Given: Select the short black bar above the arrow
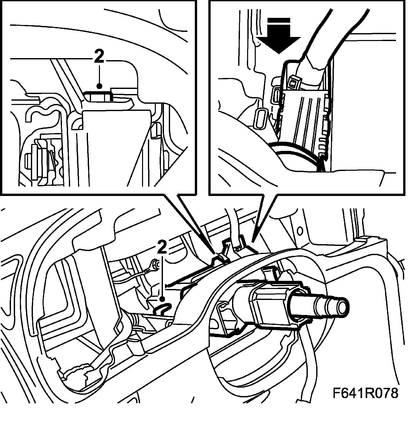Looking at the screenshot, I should (279, 20).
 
